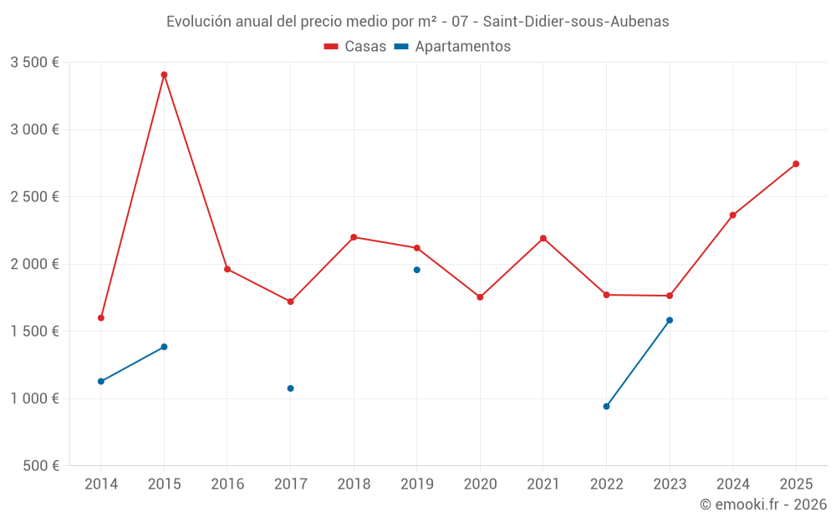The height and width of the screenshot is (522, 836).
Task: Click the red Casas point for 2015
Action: [x=164, y=74]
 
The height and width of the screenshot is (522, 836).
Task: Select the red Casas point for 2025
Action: [x=796, y=164]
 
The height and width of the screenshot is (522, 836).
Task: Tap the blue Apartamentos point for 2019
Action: [x=416, y=270]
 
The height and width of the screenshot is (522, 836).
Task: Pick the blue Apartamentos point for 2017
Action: [x=290, y=388]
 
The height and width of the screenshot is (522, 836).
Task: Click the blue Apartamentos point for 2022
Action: [x=606, y=407]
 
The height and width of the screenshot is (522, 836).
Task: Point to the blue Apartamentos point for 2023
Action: [x=670, y=320]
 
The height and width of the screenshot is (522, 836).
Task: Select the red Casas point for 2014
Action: [x=101, y=317]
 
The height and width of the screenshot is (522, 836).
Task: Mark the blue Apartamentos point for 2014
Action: [x=101, y=382]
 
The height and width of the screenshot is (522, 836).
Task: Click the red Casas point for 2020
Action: [x=480, y=297]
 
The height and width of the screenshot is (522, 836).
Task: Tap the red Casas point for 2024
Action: [x=732, y=215]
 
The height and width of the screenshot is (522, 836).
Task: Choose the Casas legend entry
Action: [x=355, y=47]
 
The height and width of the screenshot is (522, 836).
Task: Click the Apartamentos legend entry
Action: [x=452, y=47]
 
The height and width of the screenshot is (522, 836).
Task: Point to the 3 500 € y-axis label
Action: [x=34, y=63]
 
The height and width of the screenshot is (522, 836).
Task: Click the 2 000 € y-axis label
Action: [x=34, y=264]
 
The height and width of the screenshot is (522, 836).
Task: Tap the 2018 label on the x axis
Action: [x=354, y=484]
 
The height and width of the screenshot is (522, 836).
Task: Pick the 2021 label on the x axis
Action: [x=543, y=484]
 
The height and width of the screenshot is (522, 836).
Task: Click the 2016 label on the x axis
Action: [x=227, y=484]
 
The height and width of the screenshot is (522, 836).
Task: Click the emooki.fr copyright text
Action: [x=762, y=504]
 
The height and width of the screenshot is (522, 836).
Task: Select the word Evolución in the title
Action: [x=198, y=22]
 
